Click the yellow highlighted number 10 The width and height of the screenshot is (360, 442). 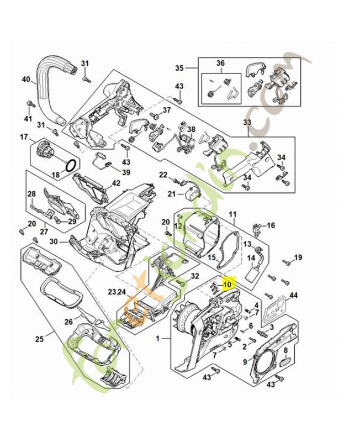click(226, 284)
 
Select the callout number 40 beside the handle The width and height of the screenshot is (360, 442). click(25, 80)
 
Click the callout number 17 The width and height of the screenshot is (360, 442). click(24, 136)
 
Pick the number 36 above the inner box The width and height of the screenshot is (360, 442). click(220, 64)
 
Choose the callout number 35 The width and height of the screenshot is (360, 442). click(178, 68)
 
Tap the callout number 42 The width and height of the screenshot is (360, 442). click(116, 183)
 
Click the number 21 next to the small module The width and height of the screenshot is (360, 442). click(171, 193)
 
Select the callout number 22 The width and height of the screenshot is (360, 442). click(163, 175)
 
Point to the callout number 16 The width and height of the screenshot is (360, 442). click(271, 225)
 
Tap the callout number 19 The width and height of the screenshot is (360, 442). click(298, 257)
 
